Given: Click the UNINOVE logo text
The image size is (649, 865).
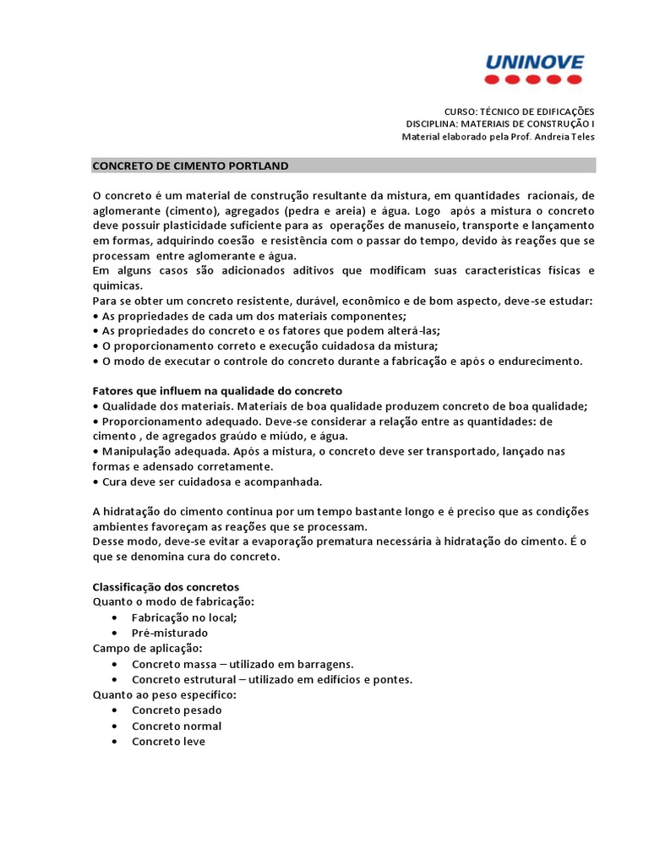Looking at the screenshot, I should click(x=534, y=62).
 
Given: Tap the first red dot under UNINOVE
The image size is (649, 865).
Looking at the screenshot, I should click(x=492, y=79).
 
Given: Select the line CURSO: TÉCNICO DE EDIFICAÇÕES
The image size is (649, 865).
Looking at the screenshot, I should click(x=519, y=112).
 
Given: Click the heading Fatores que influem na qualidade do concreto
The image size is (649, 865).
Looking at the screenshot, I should click(x=216, y=391).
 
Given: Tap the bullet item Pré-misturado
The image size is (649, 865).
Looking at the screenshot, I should click(x=170, y=633).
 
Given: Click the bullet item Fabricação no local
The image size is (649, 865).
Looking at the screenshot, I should click(x=184, y=617).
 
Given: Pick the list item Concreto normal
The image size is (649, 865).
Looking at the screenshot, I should click(x=177, y=726).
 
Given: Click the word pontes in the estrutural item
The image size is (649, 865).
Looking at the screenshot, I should click(x=393, y=679).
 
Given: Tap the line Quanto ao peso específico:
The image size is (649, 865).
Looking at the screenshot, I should click(x=164, y=694).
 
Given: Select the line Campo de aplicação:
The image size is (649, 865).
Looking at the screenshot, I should click(x=147, y=648).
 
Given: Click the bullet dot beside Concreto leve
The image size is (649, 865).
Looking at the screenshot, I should click(x=114, y=742).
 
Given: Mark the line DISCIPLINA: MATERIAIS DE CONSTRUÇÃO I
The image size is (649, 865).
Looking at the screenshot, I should click(x=500, y=124).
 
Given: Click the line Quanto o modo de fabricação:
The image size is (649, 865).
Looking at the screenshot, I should click(x=172, y=601).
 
